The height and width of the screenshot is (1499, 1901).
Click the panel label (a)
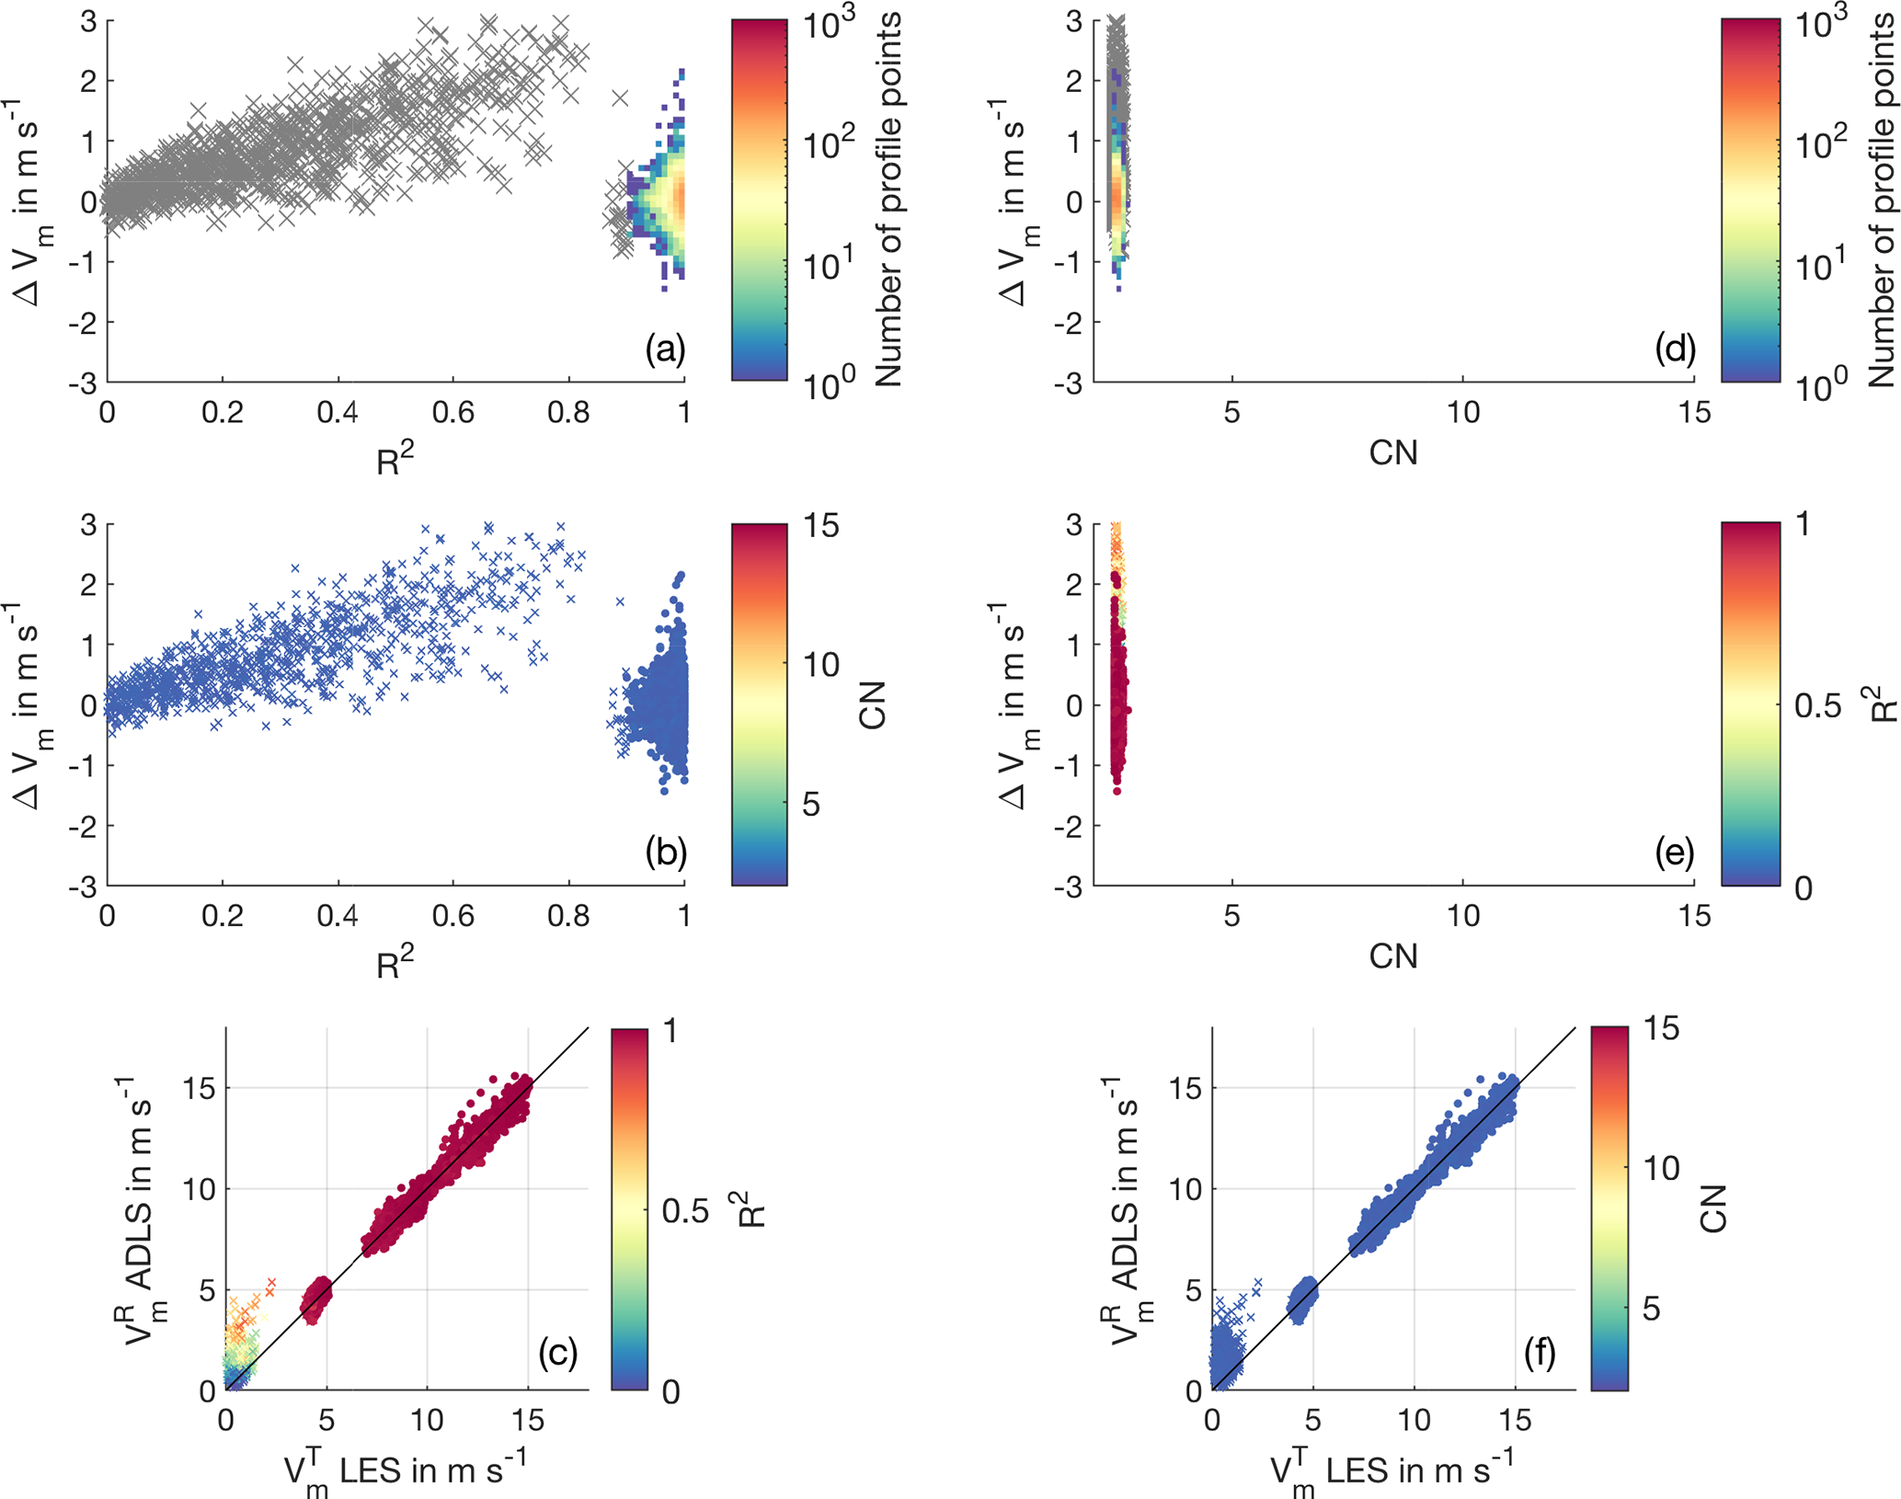[665, 349]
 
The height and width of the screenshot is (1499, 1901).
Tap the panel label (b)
[666, 852]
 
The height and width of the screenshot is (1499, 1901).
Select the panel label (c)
[557, 1352]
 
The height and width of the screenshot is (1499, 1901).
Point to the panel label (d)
[1674, 349]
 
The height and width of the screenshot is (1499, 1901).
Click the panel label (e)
[1674, 852]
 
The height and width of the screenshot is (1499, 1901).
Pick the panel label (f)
[1540, 1352]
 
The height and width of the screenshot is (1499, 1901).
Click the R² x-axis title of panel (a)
[395, 458]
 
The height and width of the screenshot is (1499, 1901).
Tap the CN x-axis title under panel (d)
[1392, 452]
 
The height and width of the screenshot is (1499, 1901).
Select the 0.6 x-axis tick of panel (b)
[453, 915]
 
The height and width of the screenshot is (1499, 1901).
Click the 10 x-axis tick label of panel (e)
[1462, 915]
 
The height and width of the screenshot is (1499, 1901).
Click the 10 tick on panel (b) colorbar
[820, 664]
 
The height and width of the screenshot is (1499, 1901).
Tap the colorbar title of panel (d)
[1882, 200]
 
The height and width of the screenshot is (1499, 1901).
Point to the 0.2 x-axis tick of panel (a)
[223, 412]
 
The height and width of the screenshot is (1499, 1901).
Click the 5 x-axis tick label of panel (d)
[1231, 412]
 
